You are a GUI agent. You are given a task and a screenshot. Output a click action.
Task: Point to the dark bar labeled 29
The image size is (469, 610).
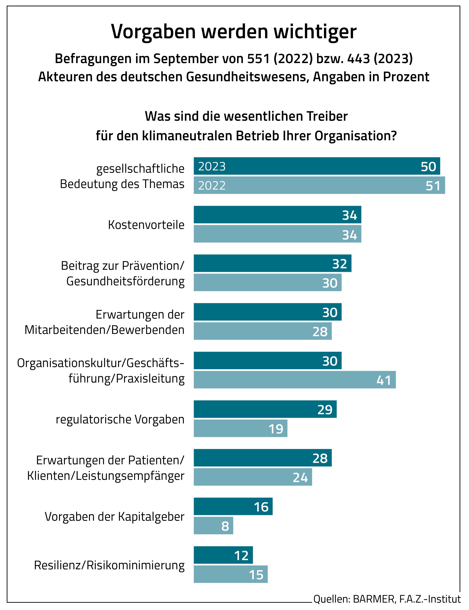pyautogui.click(x=265, y=409)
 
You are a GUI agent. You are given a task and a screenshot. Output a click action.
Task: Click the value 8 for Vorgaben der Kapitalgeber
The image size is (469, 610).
pyautogui.click(x=225, y=526)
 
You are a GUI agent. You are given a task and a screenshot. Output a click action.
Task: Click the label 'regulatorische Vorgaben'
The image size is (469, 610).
pyautogui.click(x=120, y=419)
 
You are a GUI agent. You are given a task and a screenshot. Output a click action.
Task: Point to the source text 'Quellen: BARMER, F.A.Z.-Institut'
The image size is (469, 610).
pyautogui.click(x=387, y=599)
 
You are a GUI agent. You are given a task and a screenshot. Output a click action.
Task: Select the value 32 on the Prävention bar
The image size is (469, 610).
pyautogui.click(x=339, y=264)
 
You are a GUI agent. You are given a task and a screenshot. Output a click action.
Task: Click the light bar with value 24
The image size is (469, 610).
pyautogui.click(x=253, y=477)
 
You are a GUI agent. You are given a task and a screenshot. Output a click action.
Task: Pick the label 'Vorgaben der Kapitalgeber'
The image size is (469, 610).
pyautogui.click(x=114, y=516)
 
